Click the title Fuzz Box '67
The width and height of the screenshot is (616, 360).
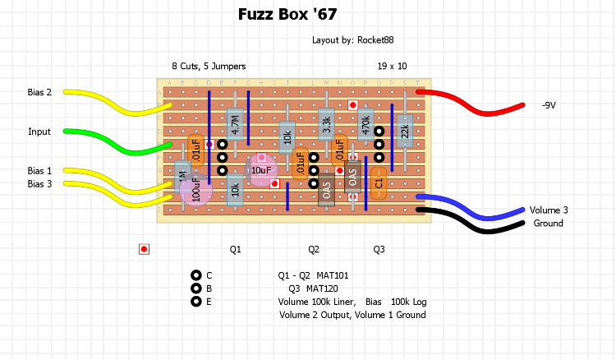[287, 15]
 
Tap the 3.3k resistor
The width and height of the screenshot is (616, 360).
[326, 125]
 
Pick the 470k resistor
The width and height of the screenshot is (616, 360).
[365, 125]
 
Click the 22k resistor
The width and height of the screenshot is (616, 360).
[404, 131]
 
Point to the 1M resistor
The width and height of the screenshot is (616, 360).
[182, 176]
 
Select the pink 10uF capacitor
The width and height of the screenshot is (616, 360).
[261, 169]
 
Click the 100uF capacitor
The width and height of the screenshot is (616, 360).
[195, 188]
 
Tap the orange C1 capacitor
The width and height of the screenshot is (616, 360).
[379, 182]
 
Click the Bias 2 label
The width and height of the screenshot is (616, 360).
[39, 92]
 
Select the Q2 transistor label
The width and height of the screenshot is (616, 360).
[314, 249]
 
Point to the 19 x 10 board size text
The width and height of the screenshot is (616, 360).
[393, 66]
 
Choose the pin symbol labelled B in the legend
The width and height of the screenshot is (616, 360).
[195, 288]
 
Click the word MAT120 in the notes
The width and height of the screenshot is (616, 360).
[323, 288]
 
